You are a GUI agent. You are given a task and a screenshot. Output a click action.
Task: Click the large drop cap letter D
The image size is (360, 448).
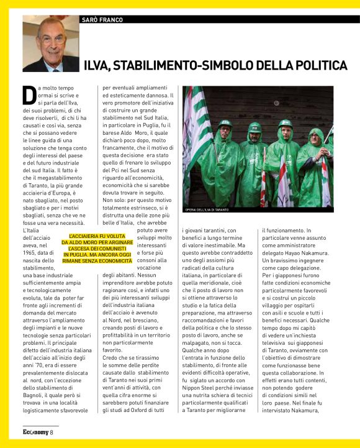[29, 94]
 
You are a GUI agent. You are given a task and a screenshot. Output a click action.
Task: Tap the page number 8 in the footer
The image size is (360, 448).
[52, 432]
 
